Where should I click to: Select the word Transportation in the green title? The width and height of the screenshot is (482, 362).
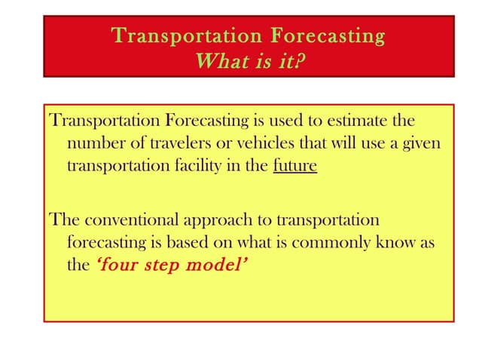pos(187,35)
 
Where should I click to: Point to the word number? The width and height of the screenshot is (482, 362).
pos(93,143)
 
